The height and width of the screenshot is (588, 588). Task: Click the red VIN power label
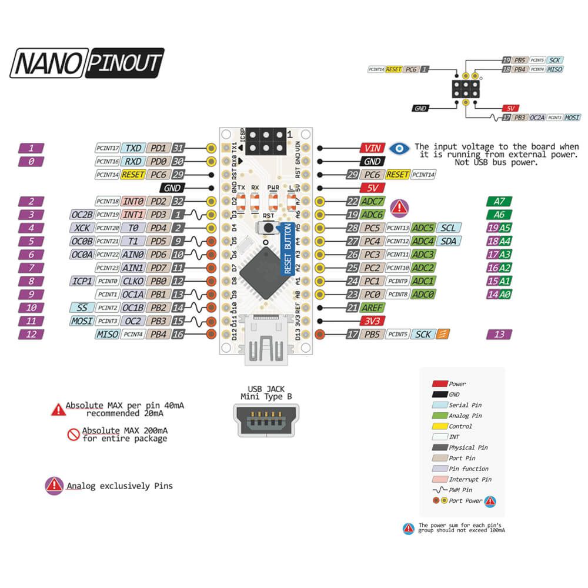click(372, 148)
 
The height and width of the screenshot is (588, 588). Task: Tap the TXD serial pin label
click(133, 148)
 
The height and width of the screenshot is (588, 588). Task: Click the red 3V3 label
click(372, 321)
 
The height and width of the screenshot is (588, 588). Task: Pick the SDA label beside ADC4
click(450, 240)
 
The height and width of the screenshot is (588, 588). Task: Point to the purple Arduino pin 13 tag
click(499, 335)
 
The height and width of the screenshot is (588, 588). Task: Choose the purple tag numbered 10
click(32, 308)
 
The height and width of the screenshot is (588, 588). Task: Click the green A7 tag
click(499, 201)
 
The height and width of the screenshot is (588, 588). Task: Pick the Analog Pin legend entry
click(465, 416)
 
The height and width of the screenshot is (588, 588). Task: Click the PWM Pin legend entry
click(460, 490)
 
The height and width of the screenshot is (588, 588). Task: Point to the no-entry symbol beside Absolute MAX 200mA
click(73, 435)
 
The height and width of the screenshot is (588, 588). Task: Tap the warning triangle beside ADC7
click(400, 206)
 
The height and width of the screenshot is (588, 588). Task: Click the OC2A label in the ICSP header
click(536, 118)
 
